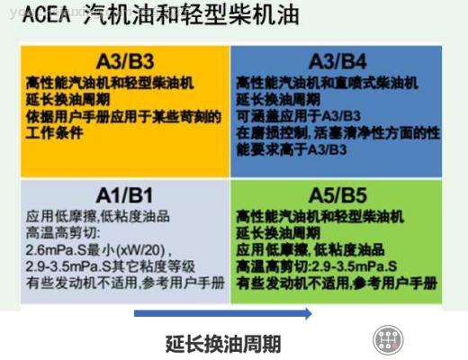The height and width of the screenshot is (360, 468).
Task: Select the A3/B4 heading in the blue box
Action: tap(337, 61)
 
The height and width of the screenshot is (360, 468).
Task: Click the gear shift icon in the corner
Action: tap(386, 341)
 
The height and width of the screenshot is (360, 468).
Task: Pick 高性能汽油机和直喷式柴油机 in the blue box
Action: tap(327, 83)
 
